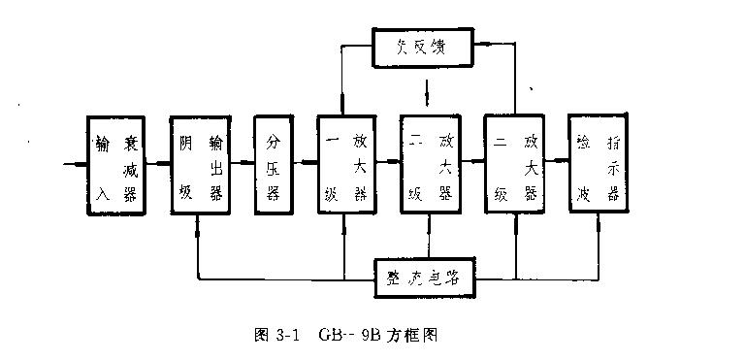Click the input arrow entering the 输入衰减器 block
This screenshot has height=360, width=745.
74,162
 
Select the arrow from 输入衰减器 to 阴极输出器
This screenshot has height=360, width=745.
157,162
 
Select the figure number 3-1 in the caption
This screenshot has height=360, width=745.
284,336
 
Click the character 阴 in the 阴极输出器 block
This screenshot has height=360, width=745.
186,144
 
